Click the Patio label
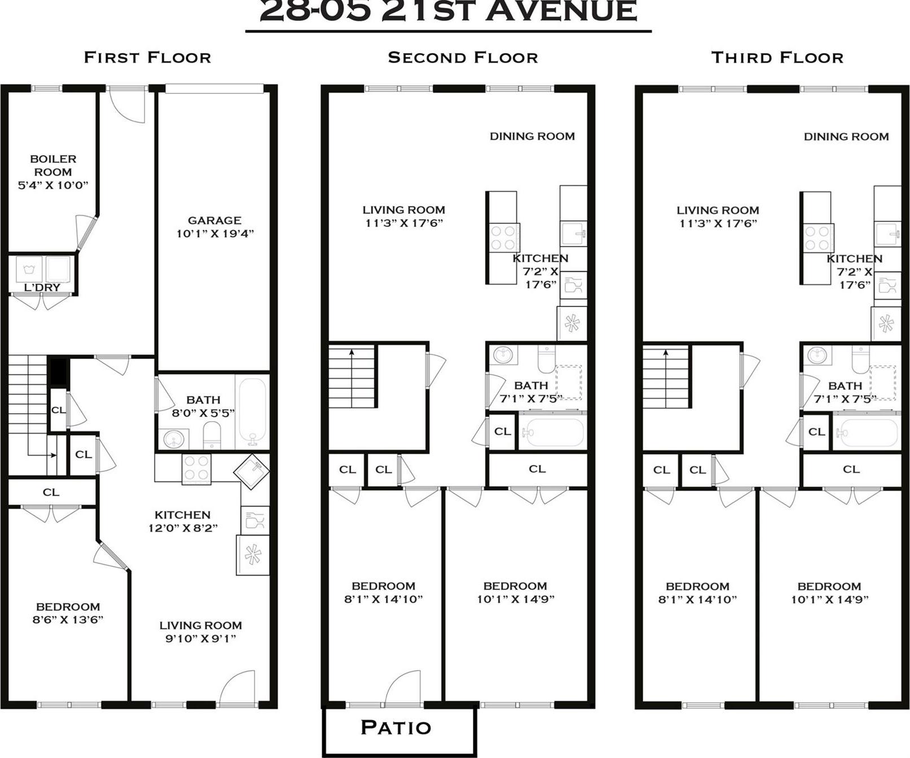395,728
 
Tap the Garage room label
214,220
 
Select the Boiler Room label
53,165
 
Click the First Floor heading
147,58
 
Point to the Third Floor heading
777,58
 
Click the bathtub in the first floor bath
252,410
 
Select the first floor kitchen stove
196,468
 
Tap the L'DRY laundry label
42,287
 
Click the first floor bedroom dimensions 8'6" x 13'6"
68,620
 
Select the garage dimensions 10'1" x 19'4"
215,234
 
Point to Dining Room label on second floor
532,136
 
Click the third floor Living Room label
718,210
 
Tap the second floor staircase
352,376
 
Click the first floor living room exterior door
237,690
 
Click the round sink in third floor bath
816,356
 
